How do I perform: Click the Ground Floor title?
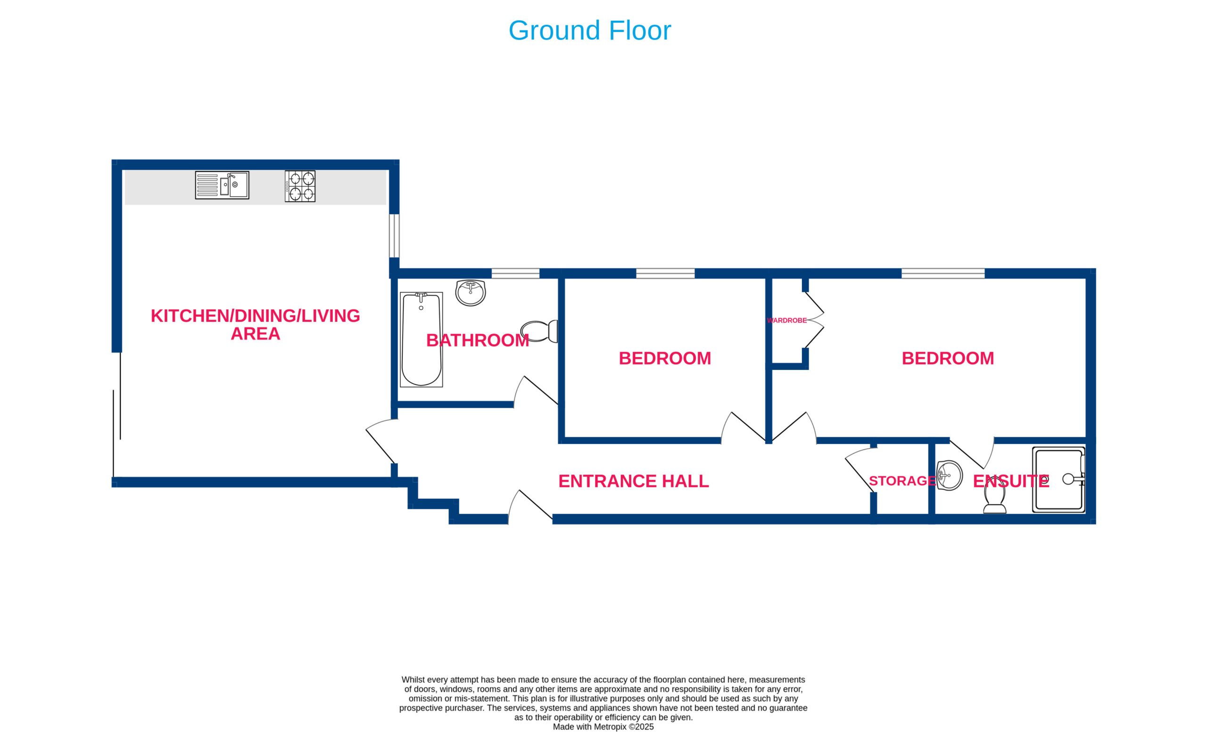(590, 30)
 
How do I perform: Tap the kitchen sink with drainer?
(222, 185)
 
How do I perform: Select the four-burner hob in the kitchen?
(300, 186)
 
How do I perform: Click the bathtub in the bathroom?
(422, 339)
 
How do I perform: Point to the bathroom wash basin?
(470, 293)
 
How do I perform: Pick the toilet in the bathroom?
(539, 331)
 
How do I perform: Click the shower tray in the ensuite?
(1058, 479)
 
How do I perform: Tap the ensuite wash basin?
(950, 475)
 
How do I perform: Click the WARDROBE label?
(787, 320)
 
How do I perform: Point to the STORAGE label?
(902, 481)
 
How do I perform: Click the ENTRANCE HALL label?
(633, 481)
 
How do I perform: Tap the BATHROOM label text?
(478, 340)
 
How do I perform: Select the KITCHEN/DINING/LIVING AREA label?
(255, 325)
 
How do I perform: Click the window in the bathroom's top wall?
(515, 273)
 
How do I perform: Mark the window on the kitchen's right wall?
(394, 236)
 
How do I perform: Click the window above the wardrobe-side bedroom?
(943, 273)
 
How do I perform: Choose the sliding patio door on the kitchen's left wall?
(116, 414)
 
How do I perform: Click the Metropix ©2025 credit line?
(603, 727)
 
